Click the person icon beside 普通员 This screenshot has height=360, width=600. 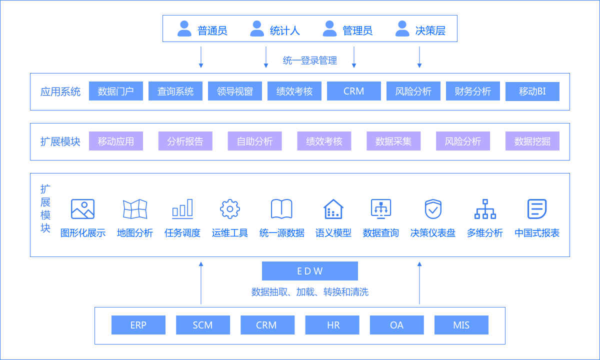(x=184, y=28)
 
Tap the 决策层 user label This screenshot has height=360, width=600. (x=430, y=30)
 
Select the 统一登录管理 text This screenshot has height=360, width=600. (x=310, y=60)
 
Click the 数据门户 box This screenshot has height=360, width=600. (x=116, y=91)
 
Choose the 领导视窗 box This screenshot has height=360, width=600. (x=235, y=91)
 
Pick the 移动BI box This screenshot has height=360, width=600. (x=532, y=91)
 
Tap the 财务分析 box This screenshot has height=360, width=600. (x=473, y=91)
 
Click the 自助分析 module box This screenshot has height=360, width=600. (x=254, y=141)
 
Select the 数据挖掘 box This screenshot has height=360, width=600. (x=532, y=141)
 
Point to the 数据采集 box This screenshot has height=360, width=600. (x=393, y=141)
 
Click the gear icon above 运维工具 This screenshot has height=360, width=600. (x=230, y=209)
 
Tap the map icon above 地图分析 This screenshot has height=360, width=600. (x=135, y=209)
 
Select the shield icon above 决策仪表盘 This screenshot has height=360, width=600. (x=432, y=209)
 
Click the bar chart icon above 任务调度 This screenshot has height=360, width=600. (x=182, y=209)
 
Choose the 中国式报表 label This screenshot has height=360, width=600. (x=537, y=233)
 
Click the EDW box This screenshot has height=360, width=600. (x=310, y=271)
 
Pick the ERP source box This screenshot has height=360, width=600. (x=138, y=325)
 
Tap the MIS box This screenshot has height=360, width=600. (x=461, y=325)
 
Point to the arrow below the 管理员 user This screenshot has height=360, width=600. (x=354, y=57)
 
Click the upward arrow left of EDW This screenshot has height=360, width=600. (x=201, y=282)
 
